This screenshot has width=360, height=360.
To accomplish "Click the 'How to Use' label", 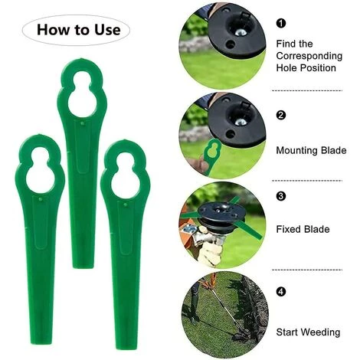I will click(79, 30).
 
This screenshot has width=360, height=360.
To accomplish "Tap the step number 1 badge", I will click(281, 24).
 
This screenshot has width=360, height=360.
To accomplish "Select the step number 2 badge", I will click(281, 115).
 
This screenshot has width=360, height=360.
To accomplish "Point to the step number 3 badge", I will click(281, 196).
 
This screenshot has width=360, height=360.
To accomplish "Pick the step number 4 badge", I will click(281, 292).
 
